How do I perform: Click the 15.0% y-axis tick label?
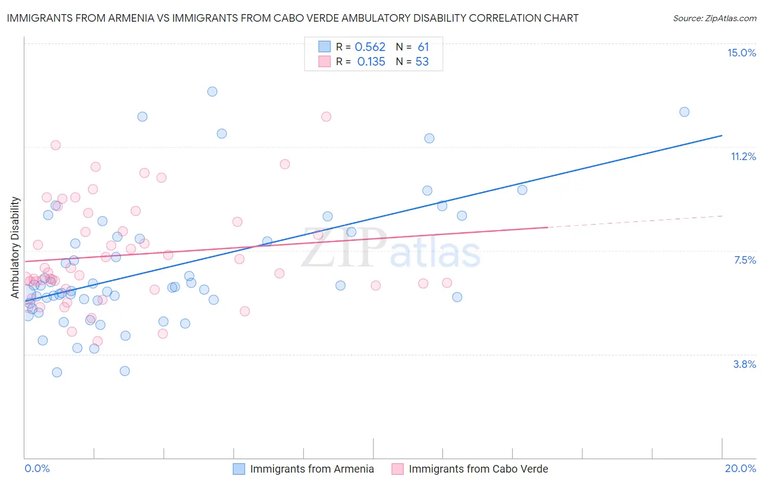(x=741, y=53)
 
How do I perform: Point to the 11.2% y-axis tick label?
(x=743, y=156)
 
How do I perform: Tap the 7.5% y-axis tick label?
(x=745, y=260)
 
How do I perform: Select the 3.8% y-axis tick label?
(x=745, y=364)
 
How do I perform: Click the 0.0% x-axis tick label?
(x=37, y=468)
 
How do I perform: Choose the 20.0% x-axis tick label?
(x=740, y=468)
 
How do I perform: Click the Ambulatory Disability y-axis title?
(x=15, y=247)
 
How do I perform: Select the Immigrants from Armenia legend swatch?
(x=239, y=469)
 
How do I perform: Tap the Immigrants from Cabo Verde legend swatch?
(x=398, y=469)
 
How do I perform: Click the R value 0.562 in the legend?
(x=370, y=47)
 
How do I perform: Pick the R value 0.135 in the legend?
(x=371, y=62)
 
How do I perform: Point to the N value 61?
(x=423, y=47)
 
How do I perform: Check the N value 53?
(x=422, y=62)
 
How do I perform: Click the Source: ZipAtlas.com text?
(x=715, y=18)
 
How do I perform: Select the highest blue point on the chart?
(x=212, y=92)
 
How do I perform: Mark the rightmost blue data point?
(x=684, y=112)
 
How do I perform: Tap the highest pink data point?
(x=326, y=117)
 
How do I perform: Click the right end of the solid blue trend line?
(x=722, y=135)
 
